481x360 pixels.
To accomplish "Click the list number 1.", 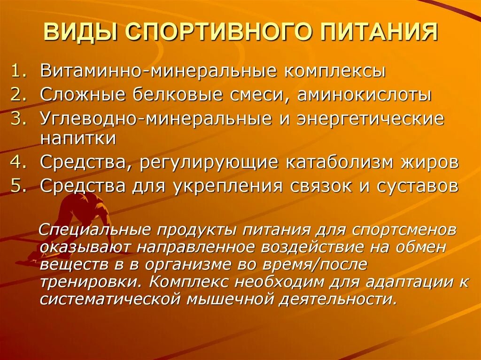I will coord(20,72).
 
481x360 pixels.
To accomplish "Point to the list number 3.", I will coord(20,118).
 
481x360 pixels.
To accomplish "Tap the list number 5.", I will coord(20,186).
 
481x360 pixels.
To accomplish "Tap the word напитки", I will coord(78,138).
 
